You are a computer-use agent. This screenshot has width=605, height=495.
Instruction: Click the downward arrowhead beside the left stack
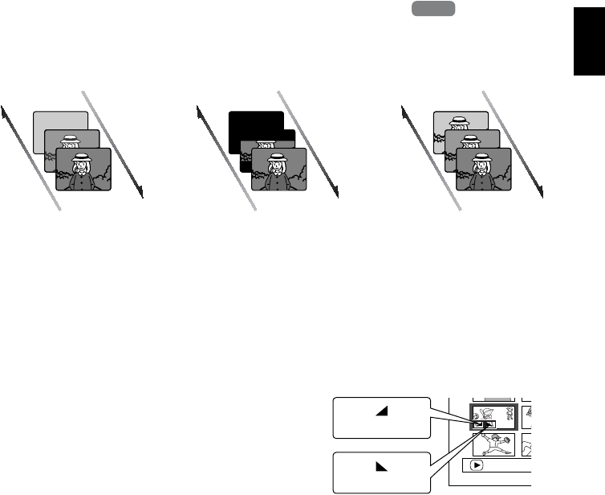point(140,193)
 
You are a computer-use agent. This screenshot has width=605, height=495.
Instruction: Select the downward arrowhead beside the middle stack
point(337,193)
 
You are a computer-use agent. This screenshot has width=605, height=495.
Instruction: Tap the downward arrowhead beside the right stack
point(542,193)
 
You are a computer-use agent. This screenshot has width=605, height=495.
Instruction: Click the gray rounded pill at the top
point(434,9)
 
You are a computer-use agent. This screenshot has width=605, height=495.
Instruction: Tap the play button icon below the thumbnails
point(477,464)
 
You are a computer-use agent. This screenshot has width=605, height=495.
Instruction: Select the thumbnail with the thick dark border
point(491,415)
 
